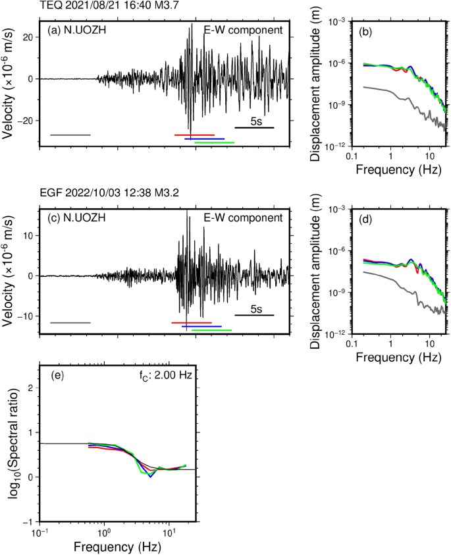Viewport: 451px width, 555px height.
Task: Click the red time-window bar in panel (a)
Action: [x=194, y=135]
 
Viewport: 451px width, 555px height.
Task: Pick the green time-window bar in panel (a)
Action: [x=215, y=142]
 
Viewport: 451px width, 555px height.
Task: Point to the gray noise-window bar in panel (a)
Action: [x=70, y=135]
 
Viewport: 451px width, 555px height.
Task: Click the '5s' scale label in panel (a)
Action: [x=257, y=121]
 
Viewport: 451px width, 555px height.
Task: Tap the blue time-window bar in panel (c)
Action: [x=201, y=326]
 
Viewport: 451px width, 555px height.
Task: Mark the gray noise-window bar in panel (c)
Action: [x=70, y=322]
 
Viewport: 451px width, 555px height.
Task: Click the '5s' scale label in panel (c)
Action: [x=257, y=309]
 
